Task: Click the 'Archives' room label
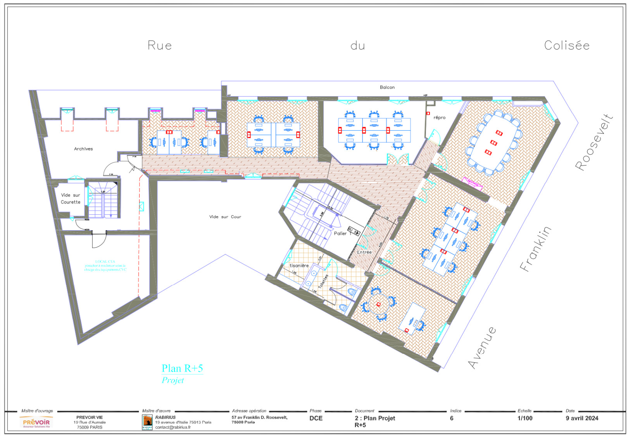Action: tap(83, 149)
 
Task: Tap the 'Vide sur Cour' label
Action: tap(225, 217)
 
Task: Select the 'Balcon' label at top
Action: tap(387, 87)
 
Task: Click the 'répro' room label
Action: tap(439, 117)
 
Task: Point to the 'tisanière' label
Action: tap(299, 265)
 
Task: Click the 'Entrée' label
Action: tap(364, 252)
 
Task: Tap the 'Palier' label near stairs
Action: tap(340, 233)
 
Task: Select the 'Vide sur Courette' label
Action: tap(71, 198)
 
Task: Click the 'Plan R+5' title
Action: tap(182, 368)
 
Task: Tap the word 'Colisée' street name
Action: tap(566, 45)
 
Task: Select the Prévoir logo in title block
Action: tap(36, 422)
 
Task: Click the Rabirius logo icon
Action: tap(147, 422)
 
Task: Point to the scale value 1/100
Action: tap(524, 418)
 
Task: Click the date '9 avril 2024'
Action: tap(581, 418)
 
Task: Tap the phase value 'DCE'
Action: tap(316, 418)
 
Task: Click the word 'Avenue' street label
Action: tap(481, 348)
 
